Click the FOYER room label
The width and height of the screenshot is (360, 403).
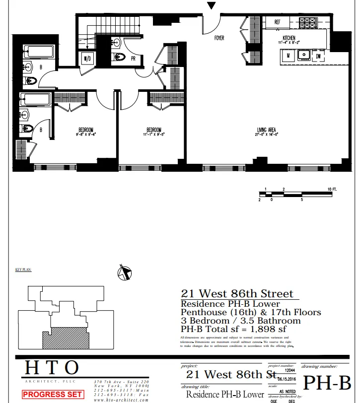tap(219, 38)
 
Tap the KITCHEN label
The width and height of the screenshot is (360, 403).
tap(289, 38)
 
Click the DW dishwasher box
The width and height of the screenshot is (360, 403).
tap(318, 56)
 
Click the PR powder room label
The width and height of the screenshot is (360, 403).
tap(134, 58)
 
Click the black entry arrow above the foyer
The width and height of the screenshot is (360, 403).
tap(212, 5)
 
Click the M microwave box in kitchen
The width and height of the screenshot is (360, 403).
tap(288, 56)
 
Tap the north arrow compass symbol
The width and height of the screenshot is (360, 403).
tap(124, 272)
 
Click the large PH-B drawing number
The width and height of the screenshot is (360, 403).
tap(327, 383)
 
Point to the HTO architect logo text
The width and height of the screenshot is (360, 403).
tap(52, 368)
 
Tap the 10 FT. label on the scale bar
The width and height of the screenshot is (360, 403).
tap(332, 190)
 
